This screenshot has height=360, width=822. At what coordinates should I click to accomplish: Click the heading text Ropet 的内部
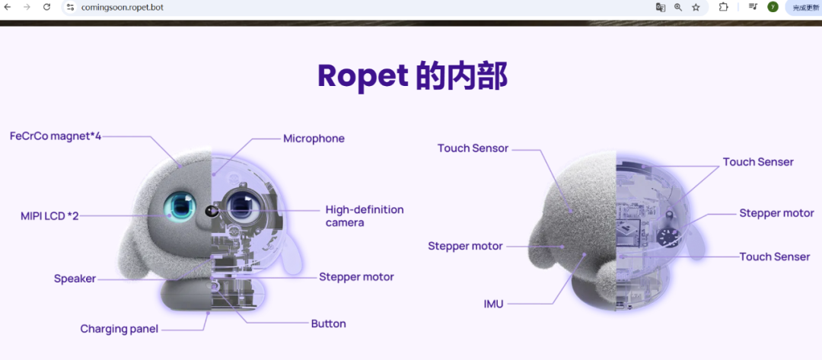[x=413, y=77]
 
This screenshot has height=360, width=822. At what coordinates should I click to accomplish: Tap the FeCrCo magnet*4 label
[x=56, y=136]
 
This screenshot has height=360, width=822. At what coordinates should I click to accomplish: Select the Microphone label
[x=314, y=139]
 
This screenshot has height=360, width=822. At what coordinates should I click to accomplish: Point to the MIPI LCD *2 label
[x=49, y=216]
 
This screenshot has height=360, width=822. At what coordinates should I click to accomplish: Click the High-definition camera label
[x=365, y=216]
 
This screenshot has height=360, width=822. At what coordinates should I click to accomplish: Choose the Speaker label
[x=75, y=279]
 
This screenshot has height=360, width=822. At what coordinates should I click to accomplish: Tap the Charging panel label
[x=119, y=329]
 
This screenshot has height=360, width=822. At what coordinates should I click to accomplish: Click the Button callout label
[x=329, y=323]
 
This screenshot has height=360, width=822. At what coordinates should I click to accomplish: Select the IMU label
[x=494, y=304]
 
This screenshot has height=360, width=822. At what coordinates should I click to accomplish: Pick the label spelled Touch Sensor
[x=473, y=148]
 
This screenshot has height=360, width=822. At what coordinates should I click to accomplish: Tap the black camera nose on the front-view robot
[x=212, y=211]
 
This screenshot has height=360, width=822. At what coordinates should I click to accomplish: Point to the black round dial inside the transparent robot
[x=667, y=236]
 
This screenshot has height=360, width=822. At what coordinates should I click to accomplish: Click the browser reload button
[x=46, y=7]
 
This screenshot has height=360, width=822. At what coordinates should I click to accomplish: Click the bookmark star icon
[x=696, y=8]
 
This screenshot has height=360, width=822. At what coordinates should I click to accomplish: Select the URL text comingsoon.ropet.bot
[x=122, y=8]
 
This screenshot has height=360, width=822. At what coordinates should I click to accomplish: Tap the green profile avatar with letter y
[x=773, y=7]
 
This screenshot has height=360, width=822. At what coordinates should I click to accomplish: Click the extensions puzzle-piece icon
[x=724, y=8]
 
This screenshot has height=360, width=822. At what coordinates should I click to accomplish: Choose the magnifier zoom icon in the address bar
[x=678, y=8]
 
